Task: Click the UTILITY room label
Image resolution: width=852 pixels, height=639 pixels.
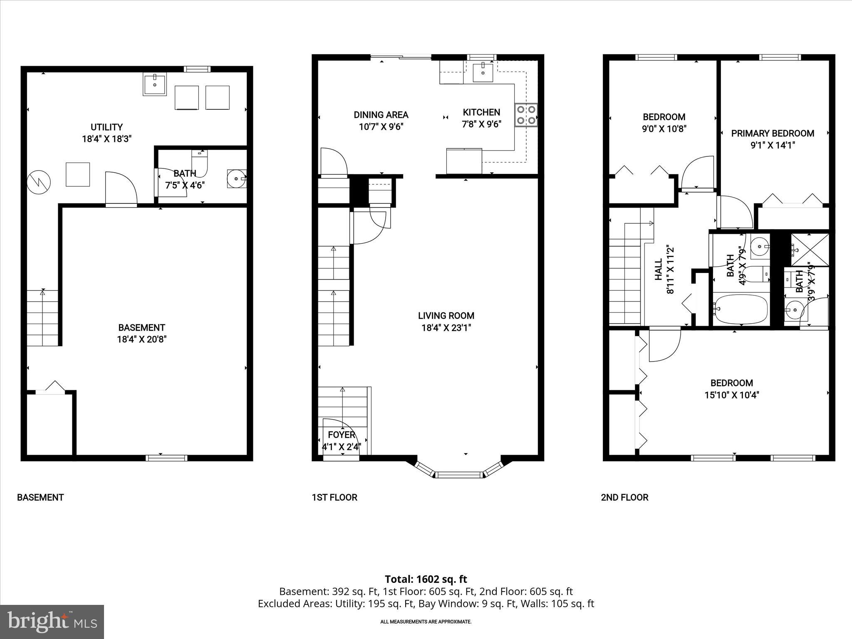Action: [106, 127]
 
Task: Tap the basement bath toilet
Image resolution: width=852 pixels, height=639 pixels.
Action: [200, 164]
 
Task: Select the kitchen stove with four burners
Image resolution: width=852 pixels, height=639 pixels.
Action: [526, 115]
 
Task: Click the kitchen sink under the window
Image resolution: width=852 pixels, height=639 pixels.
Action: [483, 72]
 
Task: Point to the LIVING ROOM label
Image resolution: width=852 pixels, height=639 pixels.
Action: [446, 316]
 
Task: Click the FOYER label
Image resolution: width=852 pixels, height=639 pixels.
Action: [342, 435]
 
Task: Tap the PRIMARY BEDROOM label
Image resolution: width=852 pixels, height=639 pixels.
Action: [773, 134]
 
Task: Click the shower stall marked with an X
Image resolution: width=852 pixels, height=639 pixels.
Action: [810, 250]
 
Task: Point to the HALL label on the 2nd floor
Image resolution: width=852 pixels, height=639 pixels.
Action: [659, 270]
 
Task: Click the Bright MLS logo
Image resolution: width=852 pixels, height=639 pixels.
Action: [52, 622]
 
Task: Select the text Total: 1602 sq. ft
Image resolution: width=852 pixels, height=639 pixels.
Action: [426, 579]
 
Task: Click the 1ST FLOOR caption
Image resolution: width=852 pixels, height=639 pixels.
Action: [334, 497]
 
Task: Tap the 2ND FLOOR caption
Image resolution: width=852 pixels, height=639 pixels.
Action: [624, 497]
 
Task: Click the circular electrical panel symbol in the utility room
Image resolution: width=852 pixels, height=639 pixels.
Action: [39, 182]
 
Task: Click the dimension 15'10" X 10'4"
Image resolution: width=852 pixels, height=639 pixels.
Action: [731, 395]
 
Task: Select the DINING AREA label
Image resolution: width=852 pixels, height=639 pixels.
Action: [381, 115]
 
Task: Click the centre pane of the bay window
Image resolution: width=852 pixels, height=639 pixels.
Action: [459, 474]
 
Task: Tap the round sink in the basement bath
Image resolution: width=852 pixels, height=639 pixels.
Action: [236, 178]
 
